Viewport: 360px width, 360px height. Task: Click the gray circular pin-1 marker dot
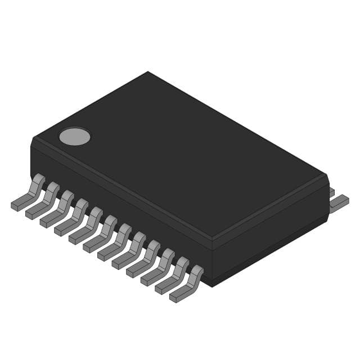(x=75, y=136)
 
